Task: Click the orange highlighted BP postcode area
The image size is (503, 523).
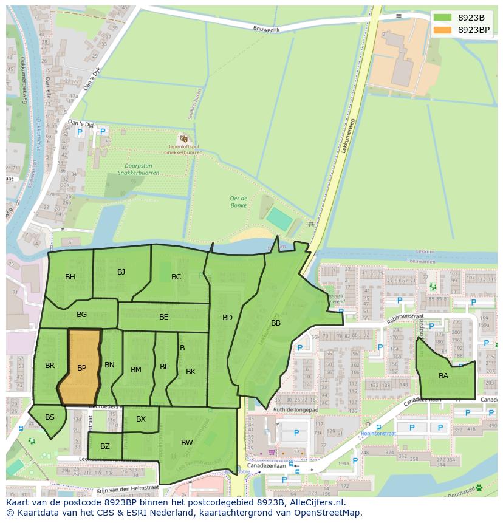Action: click(x=80, y=367)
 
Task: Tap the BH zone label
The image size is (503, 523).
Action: click(x=70, y=277)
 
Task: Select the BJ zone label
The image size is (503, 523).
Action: click(x=121, y=272)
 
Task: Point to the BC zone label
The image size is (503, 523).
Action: click(x=176, y=277)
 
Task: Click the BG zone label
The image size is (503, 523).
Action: click(x=82, y=315)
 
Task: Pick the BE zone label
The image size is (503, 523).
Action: click(x=164, y=317)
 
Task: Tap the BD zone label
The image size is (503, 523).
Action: click(x=227, y=318)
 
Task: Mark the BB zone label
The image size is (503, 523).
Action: click(x=276, y=323)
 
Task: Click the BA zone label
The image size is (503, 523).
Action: click(x=443, y=376)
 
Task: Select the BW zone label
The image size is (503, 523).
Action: click(x=186, y=443)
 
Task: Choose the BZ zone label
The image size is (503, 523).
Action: click(x=105, y=446)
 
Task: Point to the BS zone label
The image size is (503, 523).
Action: click(x=50, y=417)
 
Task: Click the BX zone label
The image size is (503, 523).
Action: click(x=141, y=419)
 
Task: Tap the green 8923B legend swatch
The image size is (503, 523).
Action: click(x=443, y=18)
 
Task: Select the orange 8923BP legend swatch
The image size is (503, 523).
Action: click(x=443, y=30)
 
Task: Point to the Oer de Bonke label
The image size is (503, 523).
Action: click(x=238, y=202)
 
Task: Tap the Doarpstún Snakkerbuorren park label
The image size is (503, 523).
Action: click(x=139, y=169)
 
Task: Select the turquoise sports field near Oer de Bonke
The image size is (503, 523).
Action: click(x=279, y=219)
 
